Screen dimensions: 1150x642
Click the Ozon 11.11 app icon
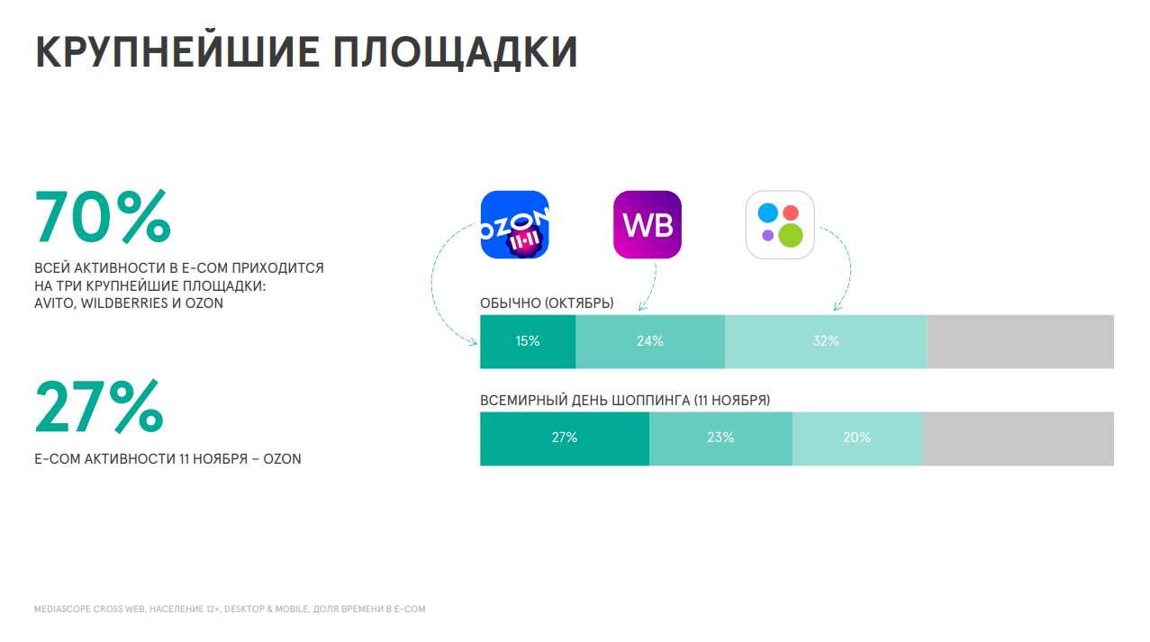(x=514, y=225)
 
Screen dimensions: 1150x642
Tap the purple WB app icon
(x=647, y=225)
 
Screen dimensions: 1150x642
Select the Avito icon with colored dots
(x=780, y=225)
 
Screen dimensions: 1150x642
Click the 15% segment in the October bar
(x=528, y=341)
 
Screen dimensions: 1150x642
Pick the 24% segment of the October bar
(x=650, y=341)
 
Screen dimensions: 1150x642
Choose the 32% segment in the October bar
(x=826, y=341)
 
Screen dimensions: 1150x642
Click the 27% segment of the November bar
(x=565, y=439)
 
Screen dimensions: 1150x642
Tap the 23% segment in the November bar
(x=720, y=439)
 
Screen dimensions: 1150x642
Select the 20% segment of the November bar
(x=856, y=439)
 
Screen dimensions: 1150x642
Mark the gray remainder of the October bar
(x=1020, y=341)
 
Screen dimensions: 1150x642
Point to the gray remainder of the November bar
(x=1018, y=439)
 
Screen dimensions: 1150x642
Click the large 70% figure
(x=103, y=216)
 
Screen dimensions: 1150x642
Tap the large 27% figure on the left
(x=99, y=406)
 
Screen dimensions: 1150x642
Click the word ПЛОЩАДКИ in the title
(x=456, y=52)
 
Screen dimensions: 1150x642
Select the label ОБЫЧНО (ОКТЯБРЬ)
(x=547, y=303)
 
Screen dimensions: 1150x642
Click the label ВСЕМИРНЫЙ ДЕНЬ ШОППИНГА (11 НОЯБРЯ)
(x=625, y=401)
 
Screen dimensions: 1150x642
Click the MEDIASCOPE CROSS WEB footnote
(x=230, y=610)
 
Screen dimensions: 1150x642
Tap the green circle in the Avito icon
(x=791, y=236)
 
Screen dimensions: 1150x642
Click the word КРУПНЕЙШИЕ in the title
(x=177, y=51)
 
